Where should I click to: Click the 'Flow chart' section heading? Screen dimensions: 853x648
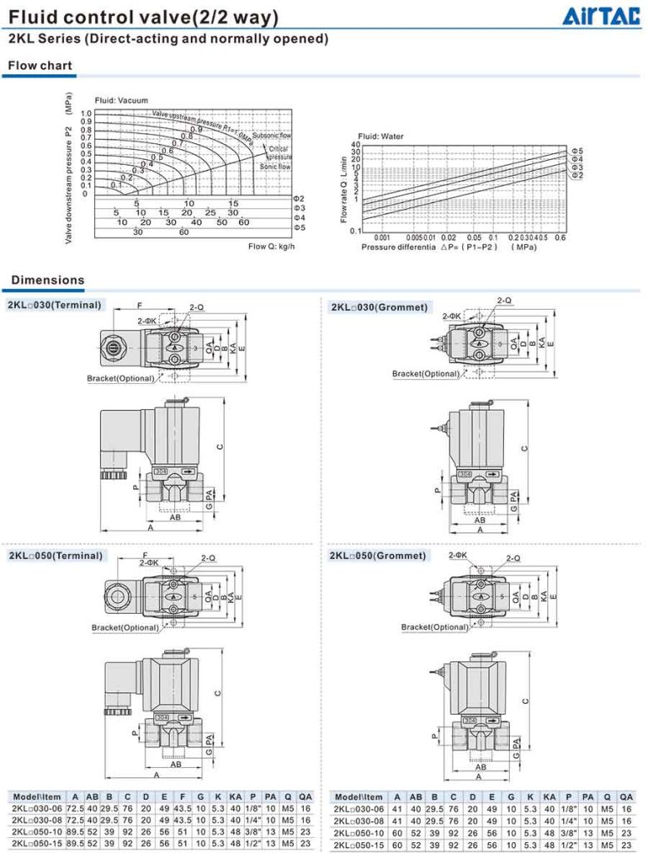tap(40, 66)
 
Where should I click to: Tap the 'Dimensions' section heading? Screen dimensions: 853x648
tap(47, 280)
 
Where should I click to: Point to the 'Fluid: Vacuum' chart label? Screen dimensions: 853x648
tap(121, 101)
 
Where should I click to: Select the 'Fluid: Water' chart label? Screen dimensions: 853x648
tap(381, 136)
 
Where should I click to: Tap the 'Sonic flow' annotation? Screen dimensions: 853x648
tap(275, 167)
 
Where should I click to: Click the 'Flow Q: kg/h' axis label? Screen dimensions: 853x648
tap(272, 247)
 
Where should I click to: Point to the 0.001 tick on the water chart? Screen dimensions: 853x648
tap(370, 237)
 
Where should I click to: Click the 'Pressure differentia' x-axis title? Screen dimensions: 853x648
tap(398, 247)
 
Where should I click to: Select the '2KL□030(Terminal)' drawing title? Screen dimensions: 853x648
tap(55, 305)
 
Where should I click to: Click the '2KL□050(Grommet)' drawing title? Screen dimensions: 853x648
tap(378, 556)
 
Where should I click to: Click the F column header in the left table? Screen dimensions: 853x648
tap(182, 796)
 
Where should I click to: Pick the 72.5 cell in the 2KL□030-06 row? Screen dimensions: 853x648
tap(76, 808)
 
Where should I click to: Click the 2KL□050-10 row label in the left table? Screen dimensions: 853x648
tap(37, 831)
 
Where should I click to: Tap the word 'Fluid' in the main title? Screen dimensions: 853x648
tap(32, 17)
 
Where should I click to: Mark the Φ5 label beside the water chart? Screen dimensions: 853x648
tap(577, 149)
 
